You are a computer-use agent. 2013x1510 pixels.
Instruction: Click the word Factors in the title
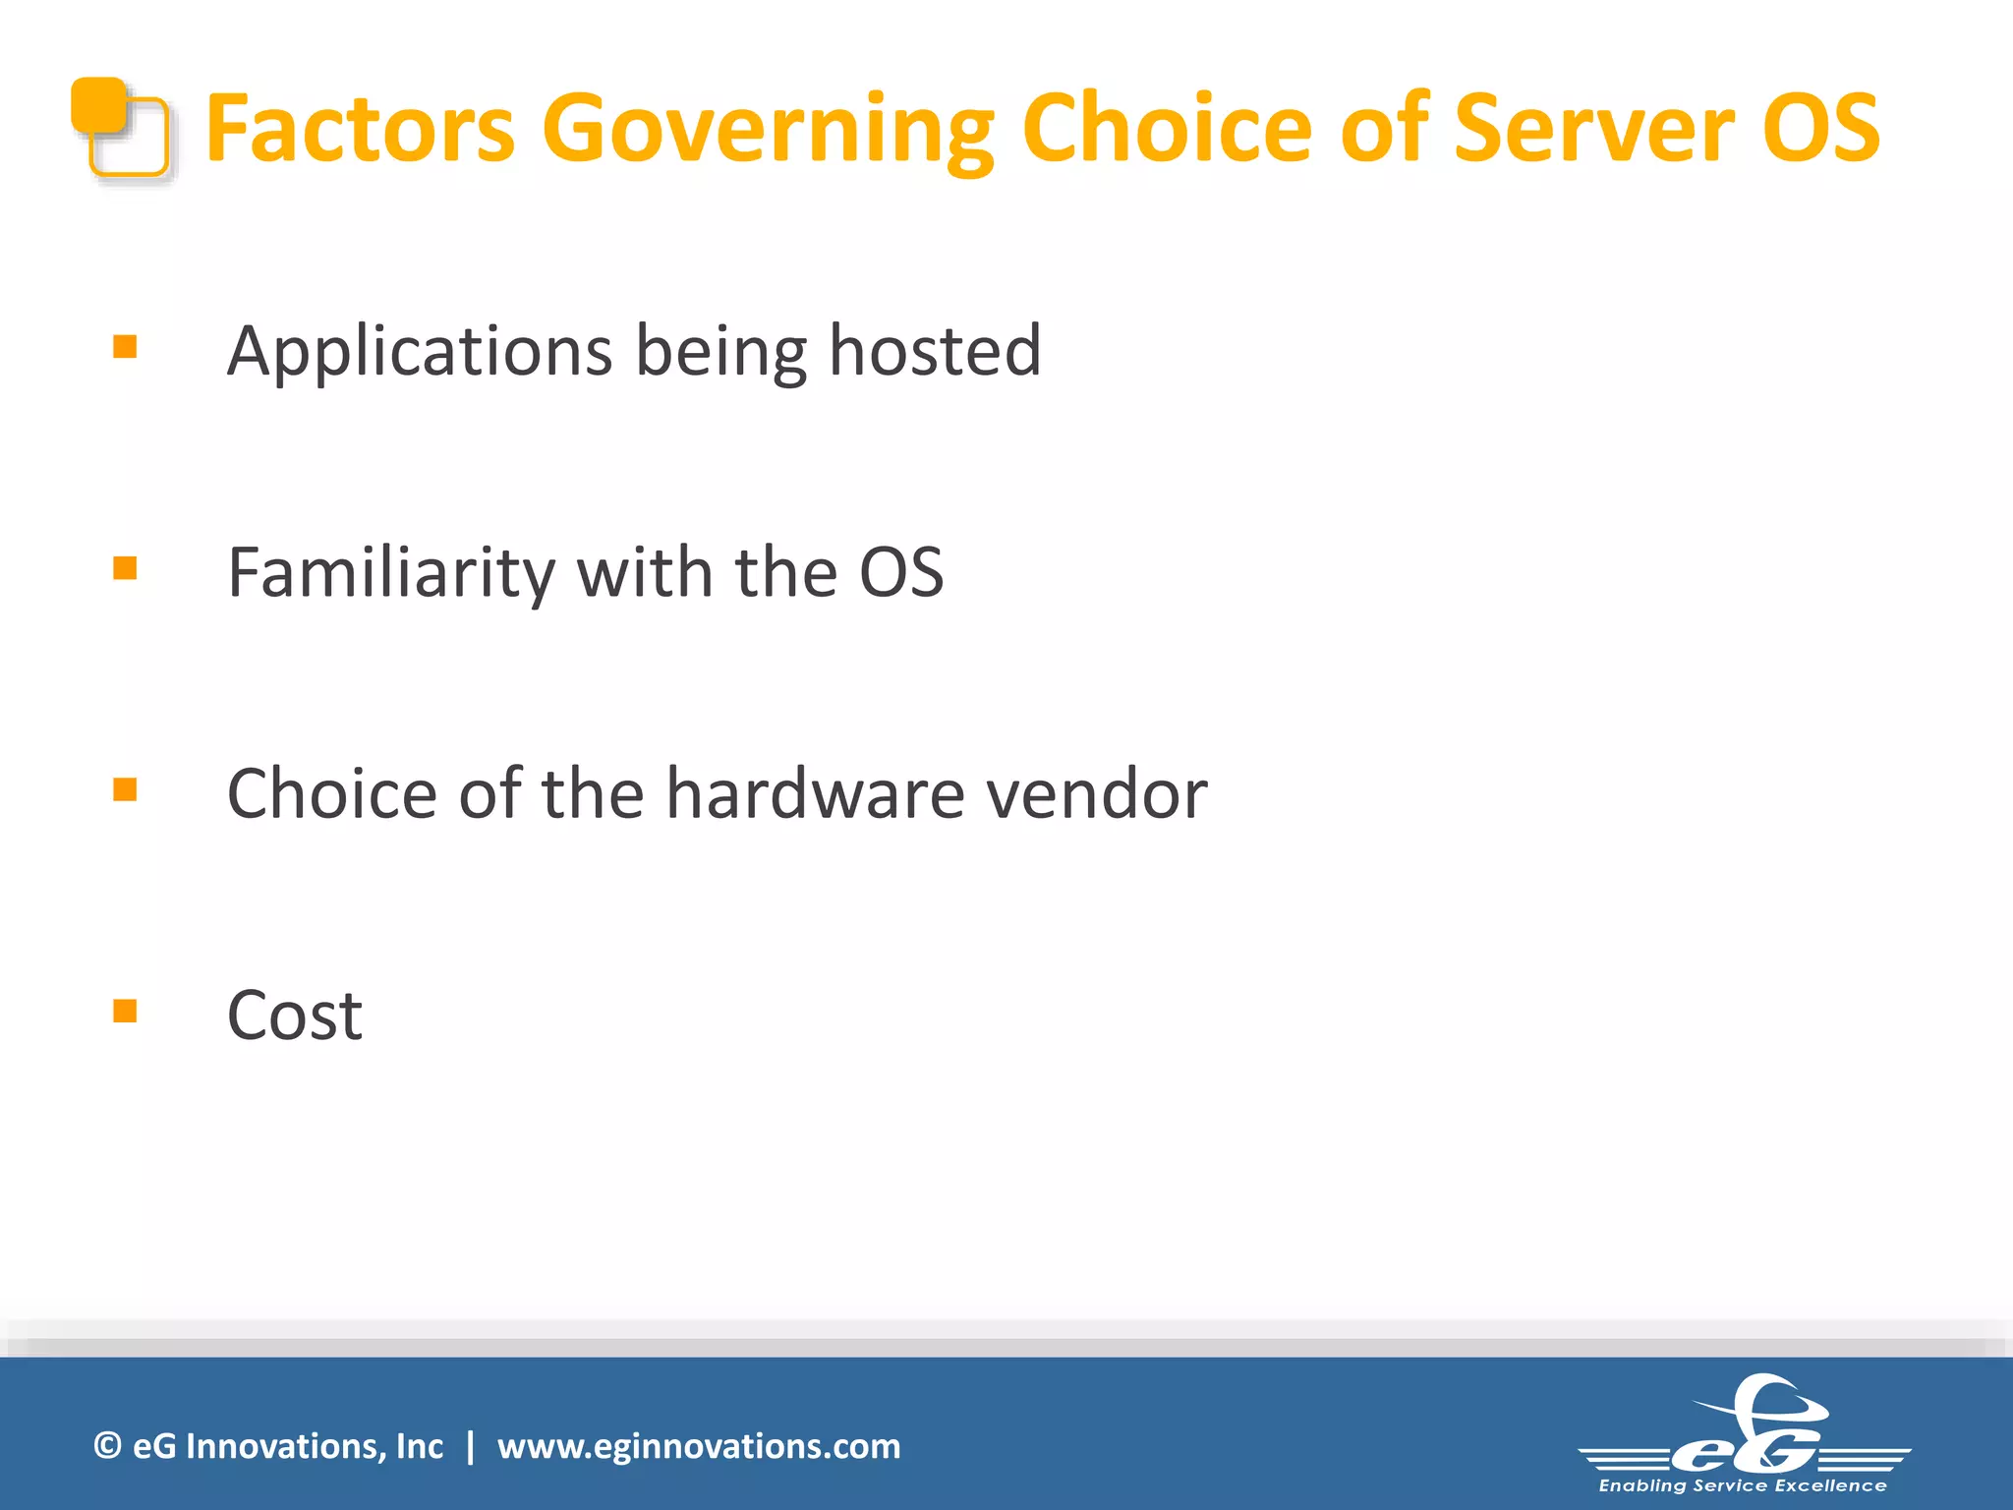[360, 128]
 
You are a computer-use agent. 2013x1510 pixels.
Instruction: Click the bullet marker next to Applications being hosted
[125, 346]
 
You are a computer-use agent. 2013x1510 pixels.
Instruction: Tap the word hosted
[935, 351]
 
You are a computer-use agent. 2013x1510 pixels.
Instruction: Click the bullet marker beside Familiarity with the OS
[125, 568]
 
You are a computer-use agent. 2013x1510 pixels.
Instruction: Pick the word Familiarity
[390, 572]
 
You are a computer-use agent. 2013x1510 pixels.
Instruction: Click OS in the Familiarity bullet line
[901, 572]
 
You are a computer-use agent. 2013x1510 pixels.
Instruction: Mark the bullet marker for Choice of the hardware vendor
[125, 789]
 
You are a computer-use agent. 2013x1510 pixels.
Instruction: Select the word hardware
[816, 793]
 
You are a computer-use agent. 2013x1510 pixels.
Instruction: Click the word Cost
[294, 1016]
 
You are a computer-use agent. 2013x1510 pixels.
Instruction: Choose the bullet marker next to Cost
[125, 1011]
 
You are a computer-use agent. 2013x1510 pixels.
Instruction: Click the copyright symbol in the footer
[107, 1445]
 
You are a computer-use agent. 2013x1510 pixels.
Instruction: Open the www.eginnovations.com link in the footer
[698, 1446]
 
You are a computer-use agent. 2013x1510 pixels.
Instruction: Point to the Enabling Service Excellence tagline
[1743, 1485]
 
